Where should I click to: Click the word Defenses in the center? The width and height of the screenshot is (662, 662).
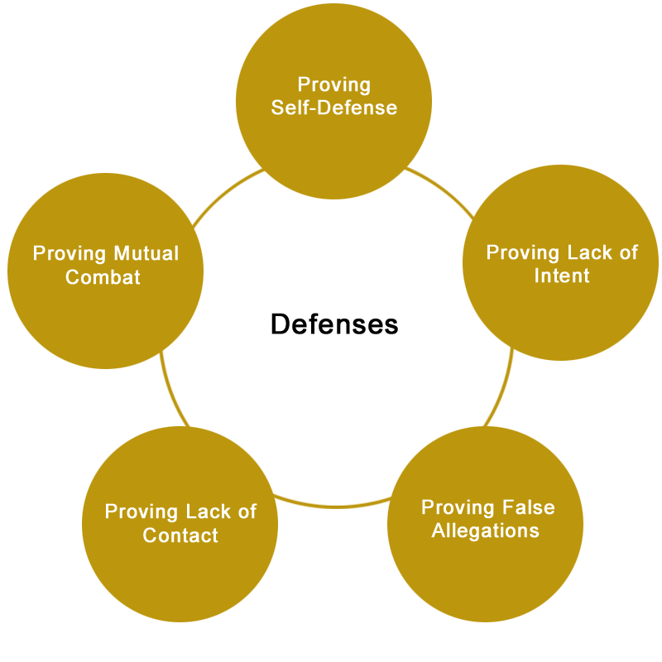pyautogui.click(x=334, y=324)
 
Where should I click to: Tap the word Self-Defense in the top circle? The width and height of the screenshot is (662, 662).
pyautogui.click(x=334, y=108)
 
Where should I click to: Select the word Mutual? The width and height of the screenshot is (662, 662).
pyautogui.click(x=146, y=253)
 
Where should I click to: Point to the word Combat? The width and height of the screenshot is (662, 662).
pyautogui.click(x=103, y=277)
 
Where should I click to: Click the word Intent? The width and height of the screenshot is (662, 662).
pyautogui.click(x=562, y=276)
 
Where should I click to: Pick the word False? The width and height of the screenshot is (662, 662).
pyautogui.click(x=529, y=507)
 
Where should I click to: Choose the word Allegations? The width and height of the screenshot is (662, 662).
pyautogui.click(x=486, y=530)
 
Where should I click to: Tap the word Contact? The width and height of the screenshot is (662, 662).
pyautogui.click(x=180, y=535)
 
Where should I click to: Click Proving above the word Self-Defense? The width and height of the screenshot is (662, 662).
pyautogui.click(x=334, y=85)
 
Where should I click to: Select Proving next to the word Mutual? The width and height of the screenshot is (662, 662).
pyautogui.click(x=70, y=254)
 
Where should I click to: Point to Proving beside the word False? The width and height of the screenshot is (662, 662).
pyautogui.click(x=458, y=508)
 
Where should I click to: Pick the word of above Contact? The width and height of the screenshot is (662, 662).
pyautogui.click(x=247, y=511)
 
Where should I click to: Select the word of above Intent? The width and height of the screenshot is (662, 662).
pyautogui.click(x=629, y=252)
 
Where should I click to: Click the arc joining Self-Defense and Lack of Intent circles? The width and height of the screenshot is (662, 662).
pyautogui.click(x=442, y=189)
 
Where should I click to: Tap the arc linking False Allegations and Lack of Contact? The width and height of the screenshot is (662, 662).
pyautogui.click(x=333, y=506)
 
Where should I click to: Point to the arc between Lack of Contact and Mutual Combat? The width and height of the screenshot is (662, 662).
pyautogui.click(x=171, y=391)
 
